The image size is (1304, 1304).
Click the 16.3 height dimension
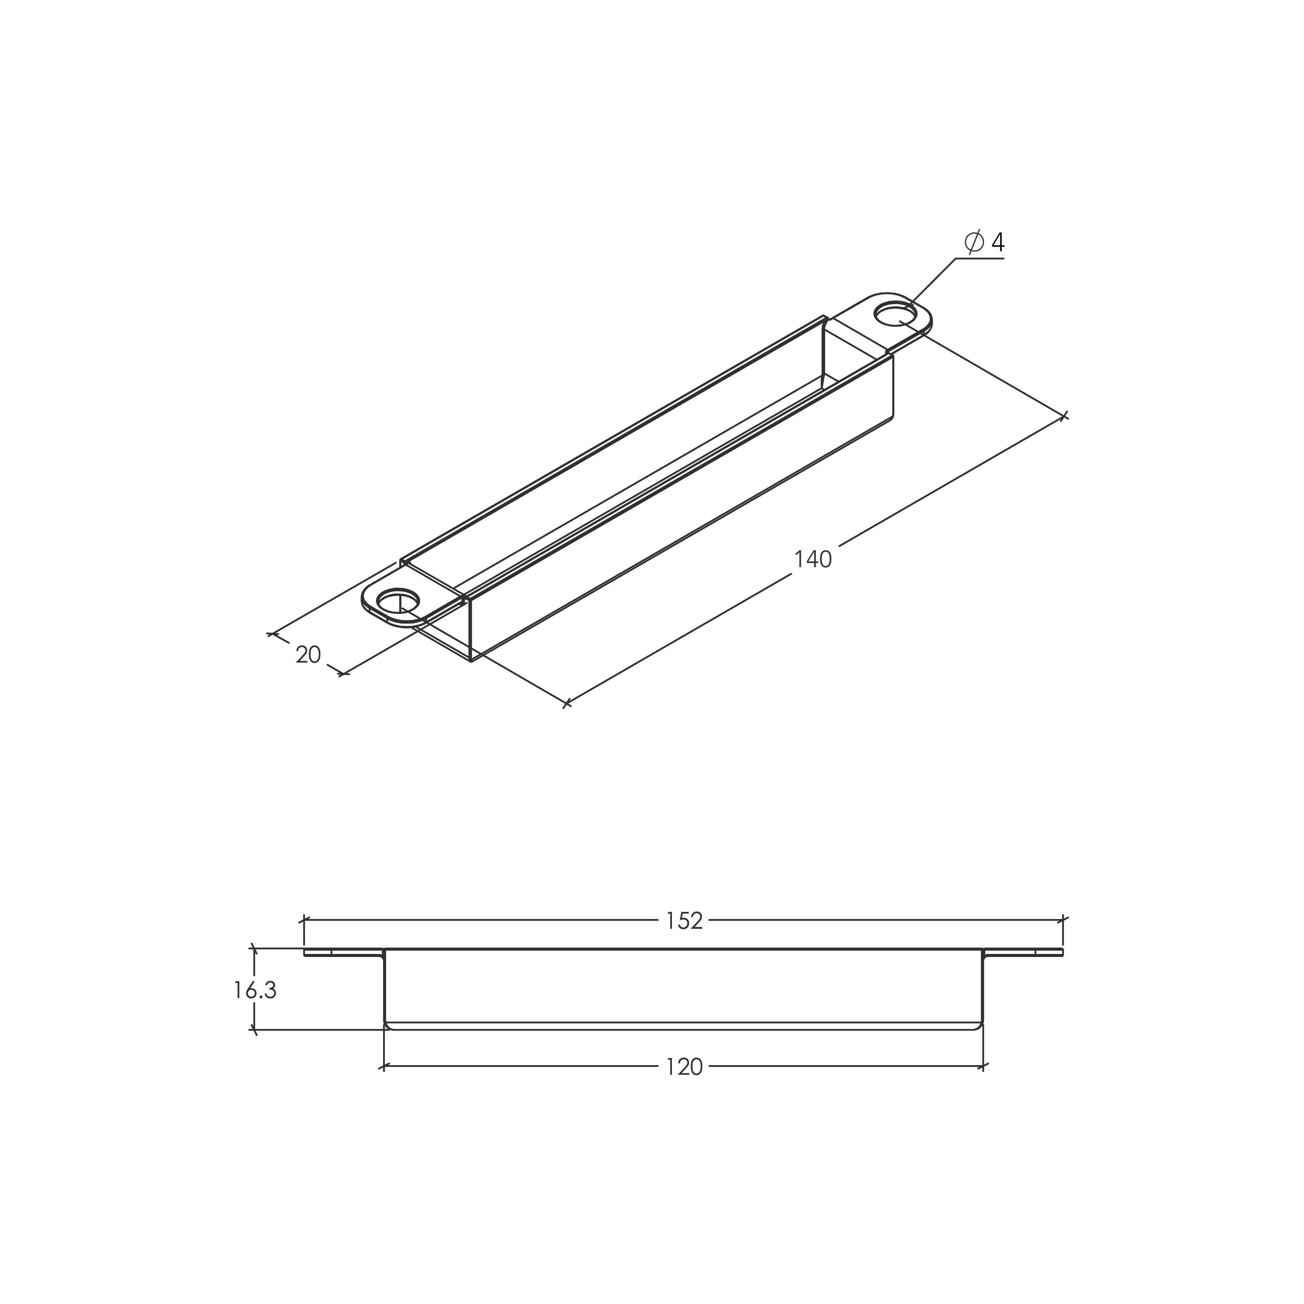pyautogui.click(x=255, y=990)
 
